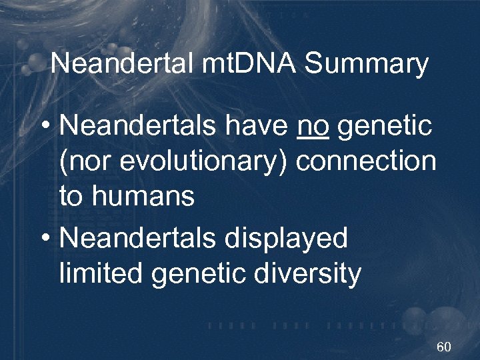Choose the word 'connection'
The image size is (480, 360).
coord(365,161)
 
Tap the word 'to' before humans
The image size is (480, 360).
coord(71,197)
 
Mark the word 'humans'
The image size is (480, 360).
coord(143,197)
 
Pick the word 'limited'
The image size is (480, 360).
coord(101,274)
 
